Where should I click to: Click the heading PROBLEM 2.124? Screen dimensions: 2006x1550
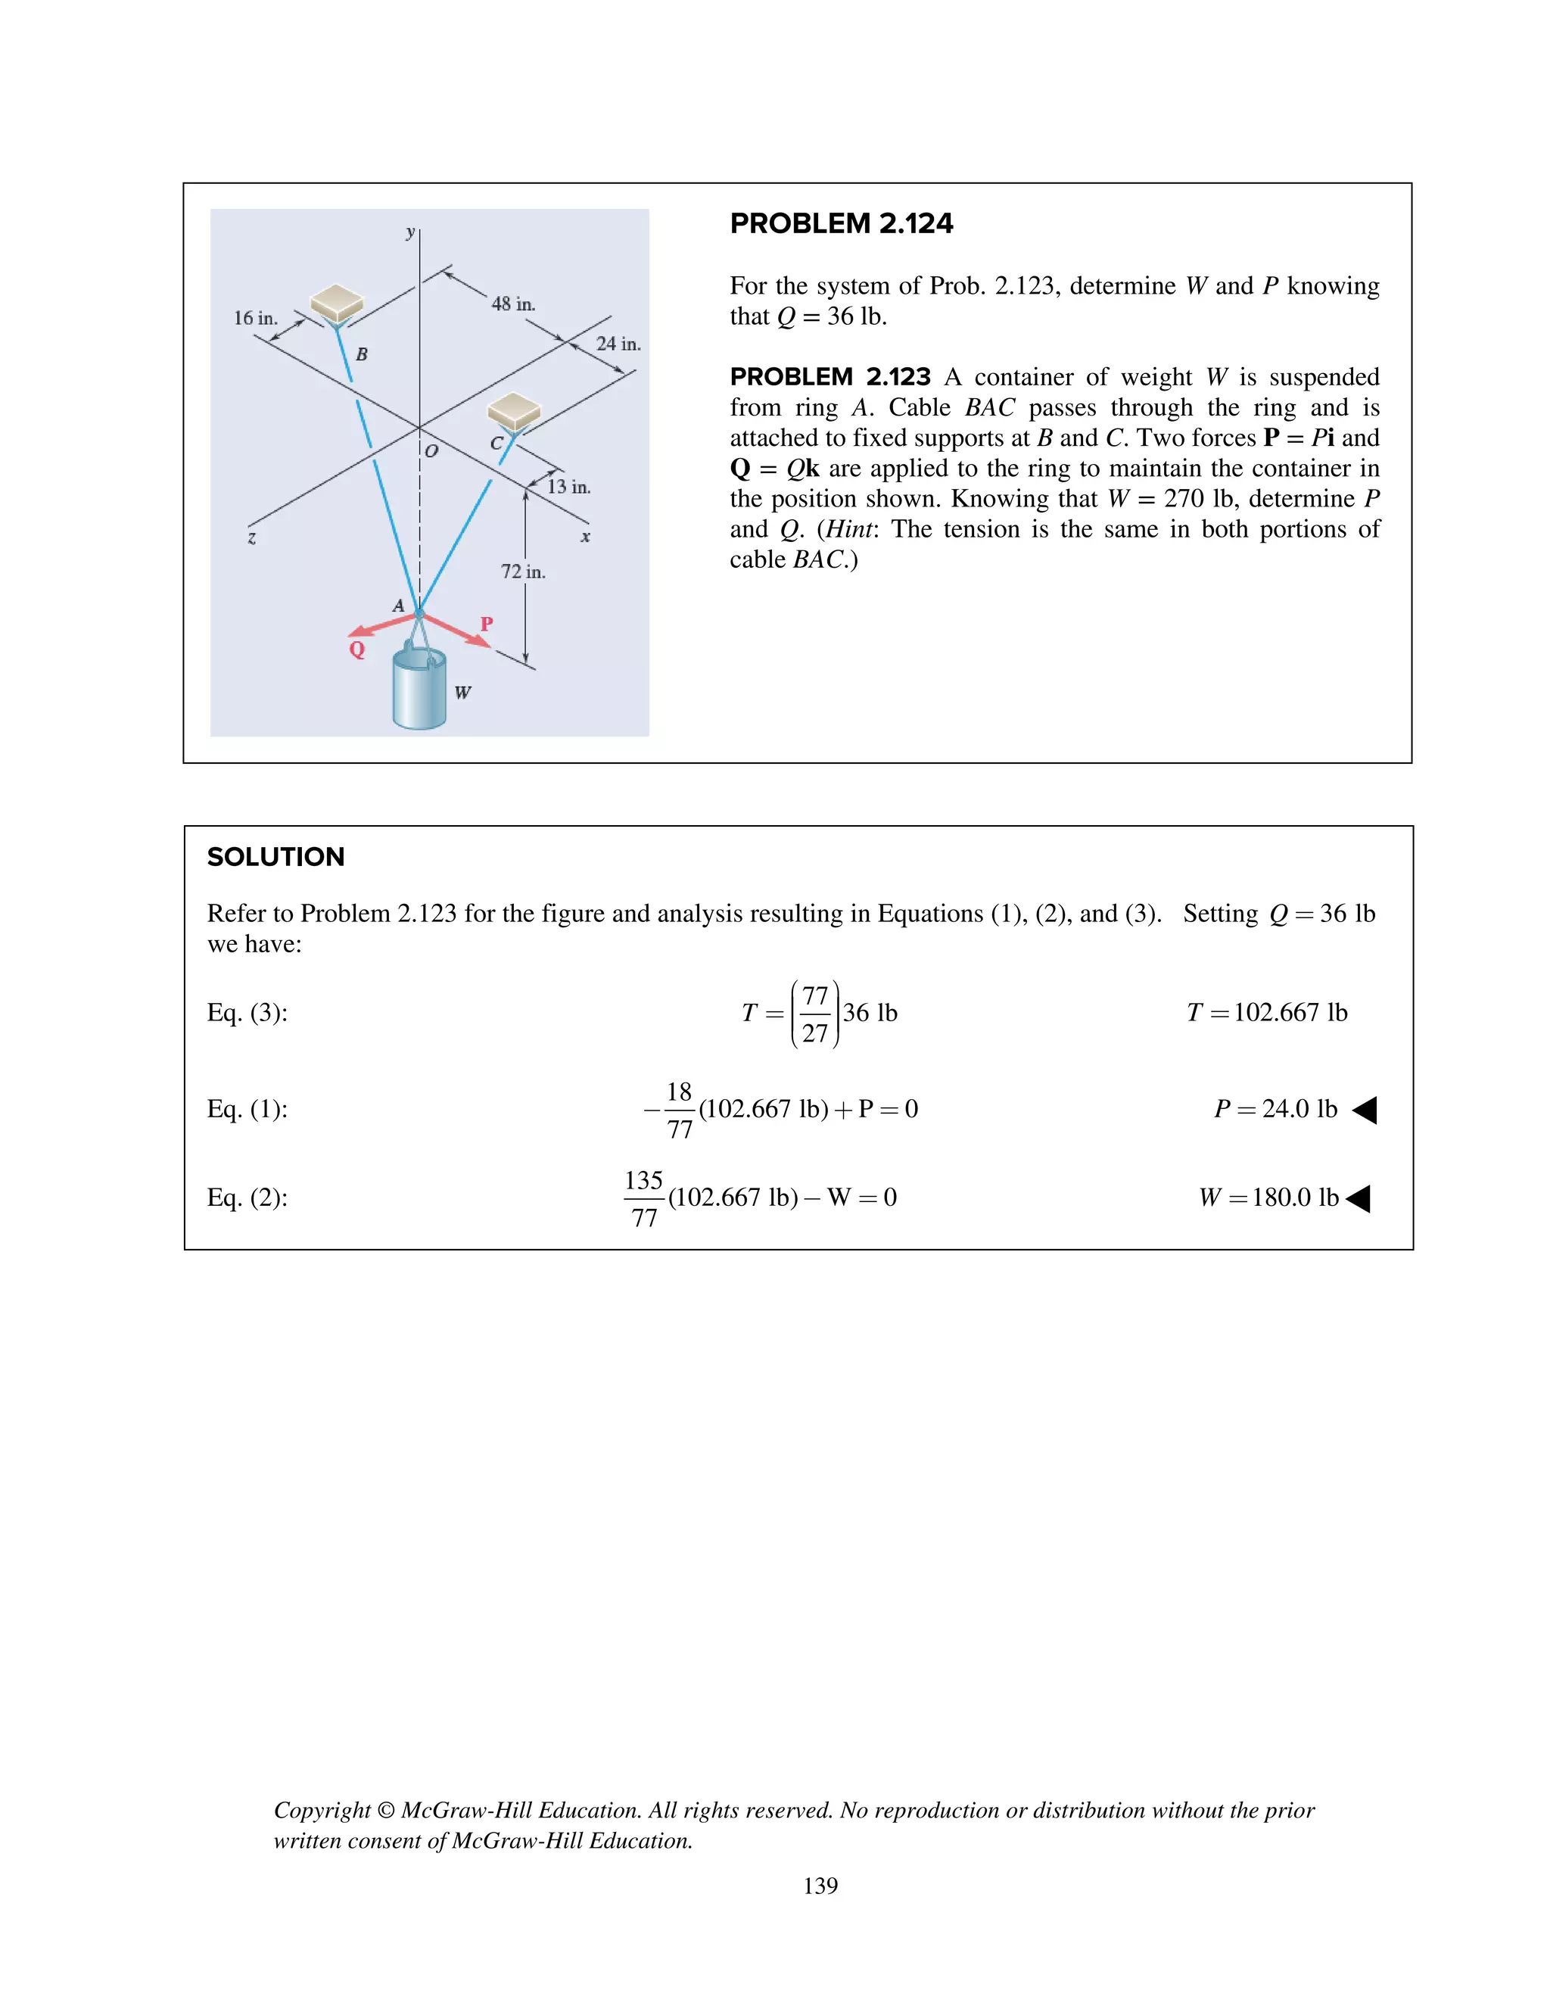[841, 223]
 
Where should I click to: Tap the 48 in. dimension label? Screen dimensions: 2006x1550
[512, 304]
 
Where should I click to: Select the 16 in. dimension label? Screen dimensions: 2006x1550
[255, 319]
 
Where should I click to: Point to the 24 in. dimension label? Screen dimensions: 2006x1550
[618, 344]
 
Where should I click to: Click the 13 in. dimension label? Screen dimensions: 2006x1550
[568, 487]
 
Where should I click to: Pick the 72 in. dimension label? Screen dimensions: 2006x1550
[522, 572]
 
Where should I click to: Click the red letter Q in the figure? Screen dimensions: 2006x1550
[357, 649]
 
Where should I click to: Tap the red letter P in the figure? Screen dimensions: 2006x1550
[487, 624]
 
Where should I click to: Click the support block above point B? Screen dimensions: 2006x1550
[336, 301]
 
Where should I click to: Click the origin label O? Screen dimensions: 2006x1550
[431, 451]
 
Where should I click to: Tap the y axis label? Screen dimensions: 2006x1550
[410, 232]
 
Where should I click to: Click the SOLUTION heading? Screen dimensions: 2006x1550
[275, 857]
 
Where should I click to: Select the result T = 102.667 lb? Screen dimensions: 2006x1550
[1266, 1012]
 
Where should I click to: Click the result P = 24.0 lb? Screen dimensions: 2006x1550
[1275, 1109]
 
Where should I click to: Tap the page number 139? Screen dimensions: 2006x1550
[820, 1886]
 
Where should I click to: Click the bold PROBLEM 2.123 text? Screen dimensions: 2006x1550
[829, 376]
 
